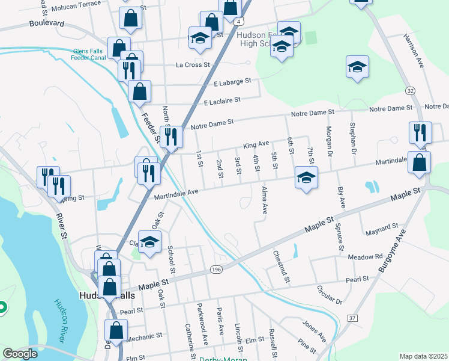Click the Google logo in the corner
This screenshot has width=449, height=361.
[20, 354]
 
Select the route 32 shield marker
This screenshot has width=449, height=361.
[410, 90]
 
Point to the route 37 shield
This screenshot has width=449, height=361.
[352, 318]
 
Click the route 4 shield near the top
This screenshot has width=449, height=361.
[239, 22]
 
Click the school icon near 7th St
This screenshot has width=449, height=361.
[306, 177]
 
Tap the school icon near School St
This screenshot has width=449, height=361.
[150, 242]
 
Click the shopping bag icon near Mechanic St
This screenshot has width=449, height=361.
[116, 330]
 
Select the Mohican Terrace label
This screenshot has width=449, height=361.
[76, 4]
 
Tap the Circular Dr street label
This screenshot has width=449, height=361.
[330, 294]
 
